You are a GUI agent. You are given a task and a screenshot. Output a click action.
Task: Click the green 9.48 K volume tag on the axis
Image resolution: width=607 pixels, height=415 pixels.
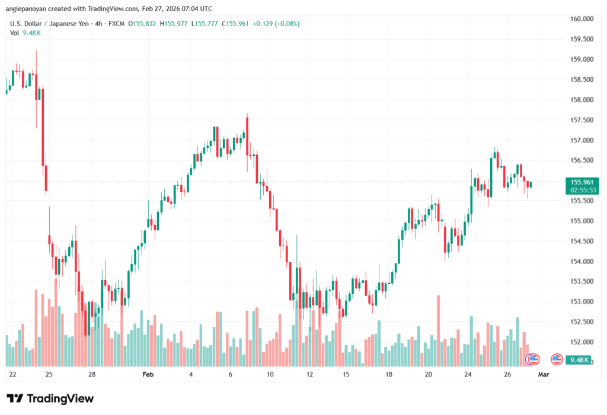tap(579, 359)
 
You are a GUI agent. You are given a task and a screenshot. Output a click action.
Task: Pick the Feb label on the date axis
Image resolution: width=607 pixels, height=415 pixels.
tap(148, 375)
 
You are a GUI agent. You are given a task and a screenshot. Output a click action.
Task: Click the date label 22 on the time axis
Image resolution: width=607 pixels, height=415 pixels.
tap(13, 375)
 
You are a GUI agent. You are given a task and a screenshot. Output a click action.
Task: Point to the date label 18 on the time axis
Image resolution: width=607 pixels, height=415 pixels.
tap(389, 375)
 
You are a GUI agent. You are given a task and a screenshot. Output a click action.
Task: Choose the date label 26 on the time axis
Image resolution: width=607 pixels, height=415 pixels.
tap(508, 375)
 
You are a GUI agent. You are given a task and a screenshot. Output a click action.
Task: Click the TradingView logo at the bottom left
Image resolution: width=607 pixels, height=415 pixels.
tap(50, 398)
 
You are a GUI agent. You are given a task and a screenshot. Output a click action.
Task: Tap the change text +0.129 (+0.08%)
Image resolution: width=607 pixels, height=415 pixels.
tap(276, 24)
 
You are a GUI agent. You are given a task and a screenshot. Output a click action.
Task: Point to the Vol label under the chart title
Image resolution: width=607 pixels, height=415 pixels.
tap(15, 33)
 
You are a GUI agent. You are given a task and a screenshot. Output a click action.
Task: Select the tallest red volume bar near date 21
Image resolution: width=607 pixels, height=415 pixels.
tap(438, 330)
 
